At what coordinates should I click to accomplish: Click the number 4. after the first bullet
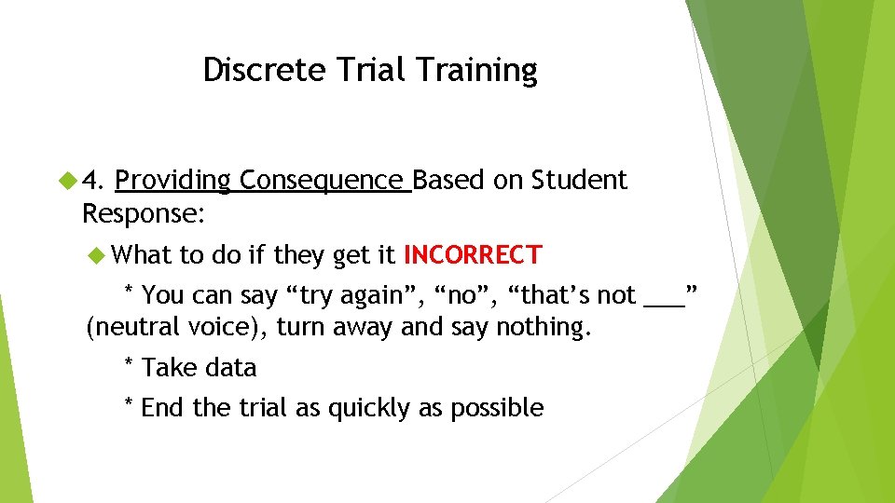coord(96,180)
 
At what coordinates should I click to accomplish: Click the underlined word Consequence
coord(324,181)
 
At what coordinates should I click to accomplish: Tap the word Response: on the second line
coord(144,213)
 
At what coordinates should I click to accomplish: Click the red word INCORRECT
coord(472,254)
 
